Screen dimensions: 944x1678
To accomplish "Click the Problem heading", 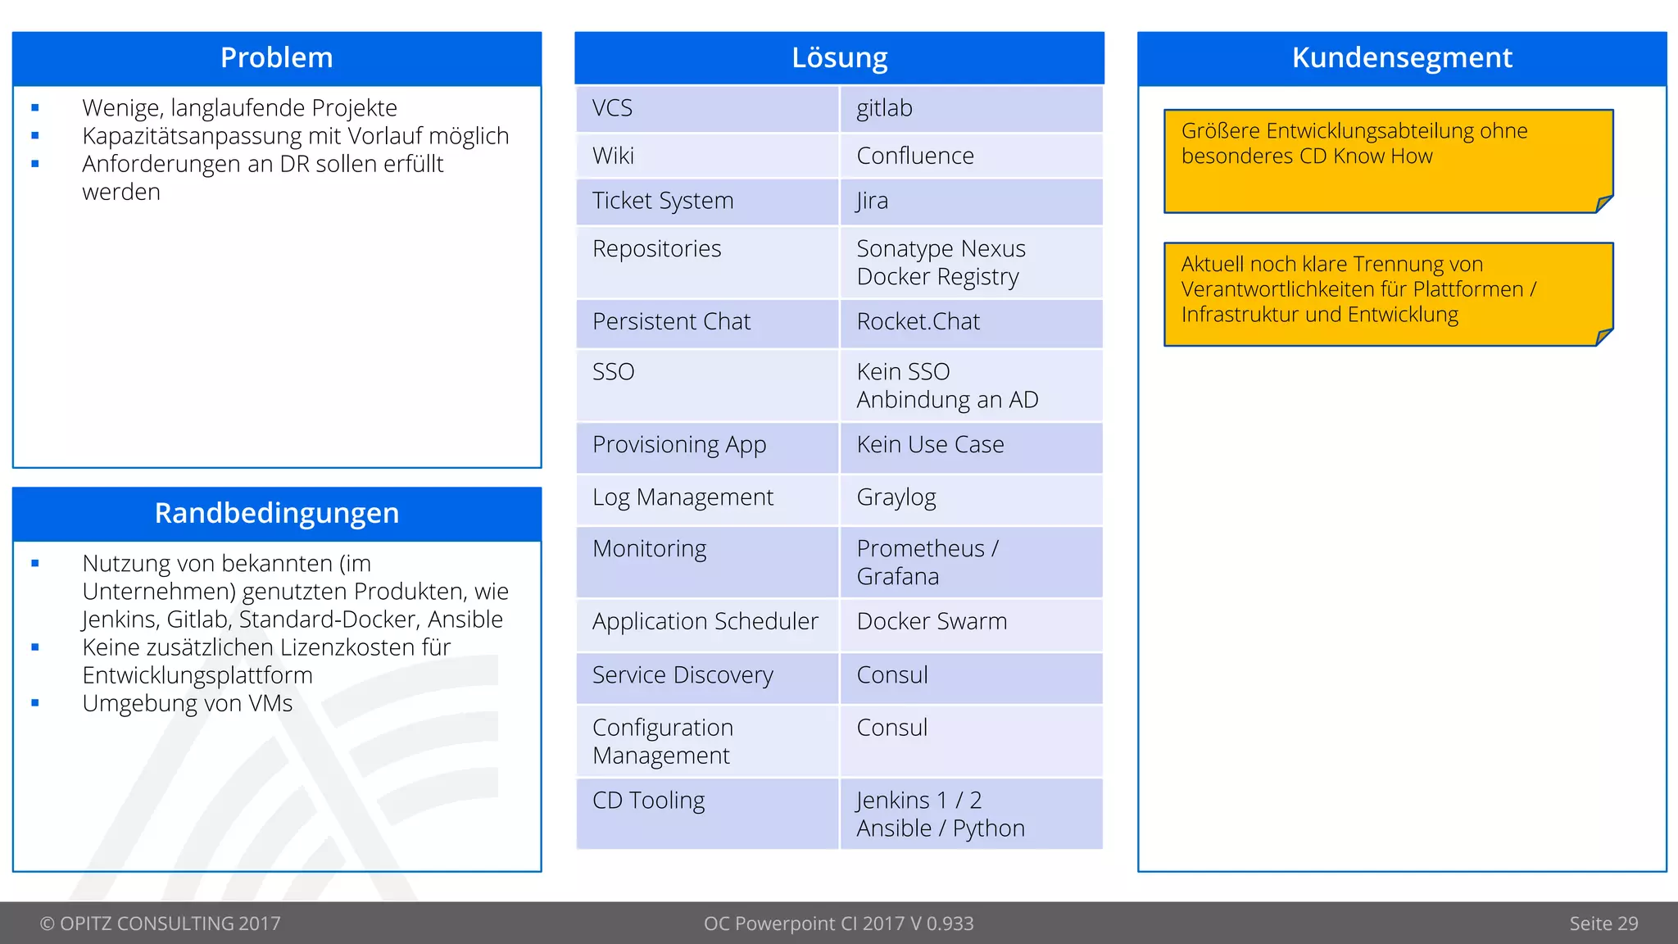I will (276, 58).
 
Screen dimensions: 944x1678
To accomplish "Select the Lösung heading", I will (839, 58).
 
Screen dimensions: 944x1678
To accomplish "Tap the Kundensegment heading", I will (1401, 58).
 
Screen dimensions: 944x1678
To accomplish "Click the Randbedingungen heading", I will (276, 513).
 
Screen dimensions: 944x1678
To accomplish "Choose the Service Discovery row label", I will (682, 675).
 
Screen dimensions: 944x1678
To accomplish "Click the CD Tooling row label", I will (648, 801).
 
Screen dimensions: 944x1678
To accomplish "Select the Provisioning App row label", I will (678, 445).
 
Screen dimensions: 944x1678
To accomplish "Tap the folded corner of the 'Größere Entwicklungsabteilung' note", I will (1604, 203).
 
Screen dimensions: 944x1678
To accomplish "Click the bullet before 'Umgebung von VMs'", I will (35, 703).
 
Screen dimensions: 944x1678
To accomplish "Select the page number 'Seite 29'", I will (1603, 924).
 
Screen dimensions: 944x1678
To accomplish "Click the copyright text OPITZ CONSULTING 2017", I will (161, 924).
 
